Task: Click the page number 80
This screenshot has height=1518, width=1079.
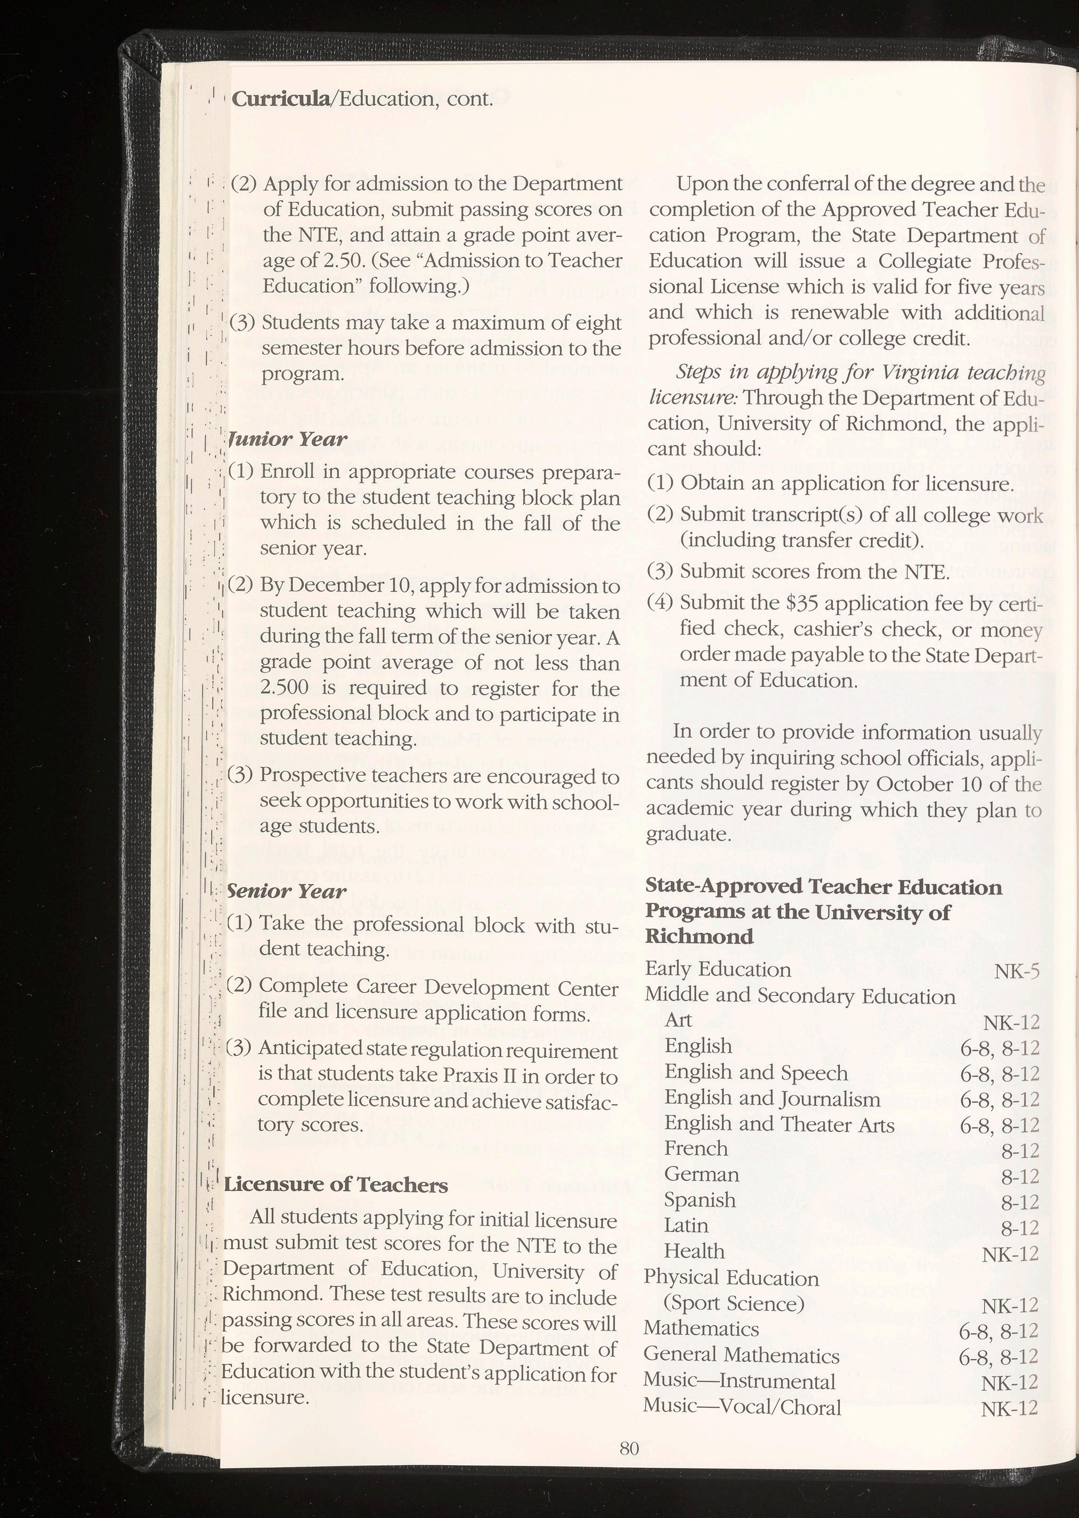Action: (x=629, y=1448)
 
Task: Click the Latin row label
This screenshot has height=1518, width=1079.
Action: (x=686, y=1225)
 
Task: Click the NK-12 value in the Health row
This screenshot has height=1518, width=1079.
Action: (x=1010, y=1254)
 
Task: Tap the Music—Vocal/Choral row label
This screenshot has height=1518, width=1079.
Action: (x=742, y=1407)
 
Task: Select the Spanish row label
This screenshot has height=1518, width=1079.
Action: (x=700, y=1200)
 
